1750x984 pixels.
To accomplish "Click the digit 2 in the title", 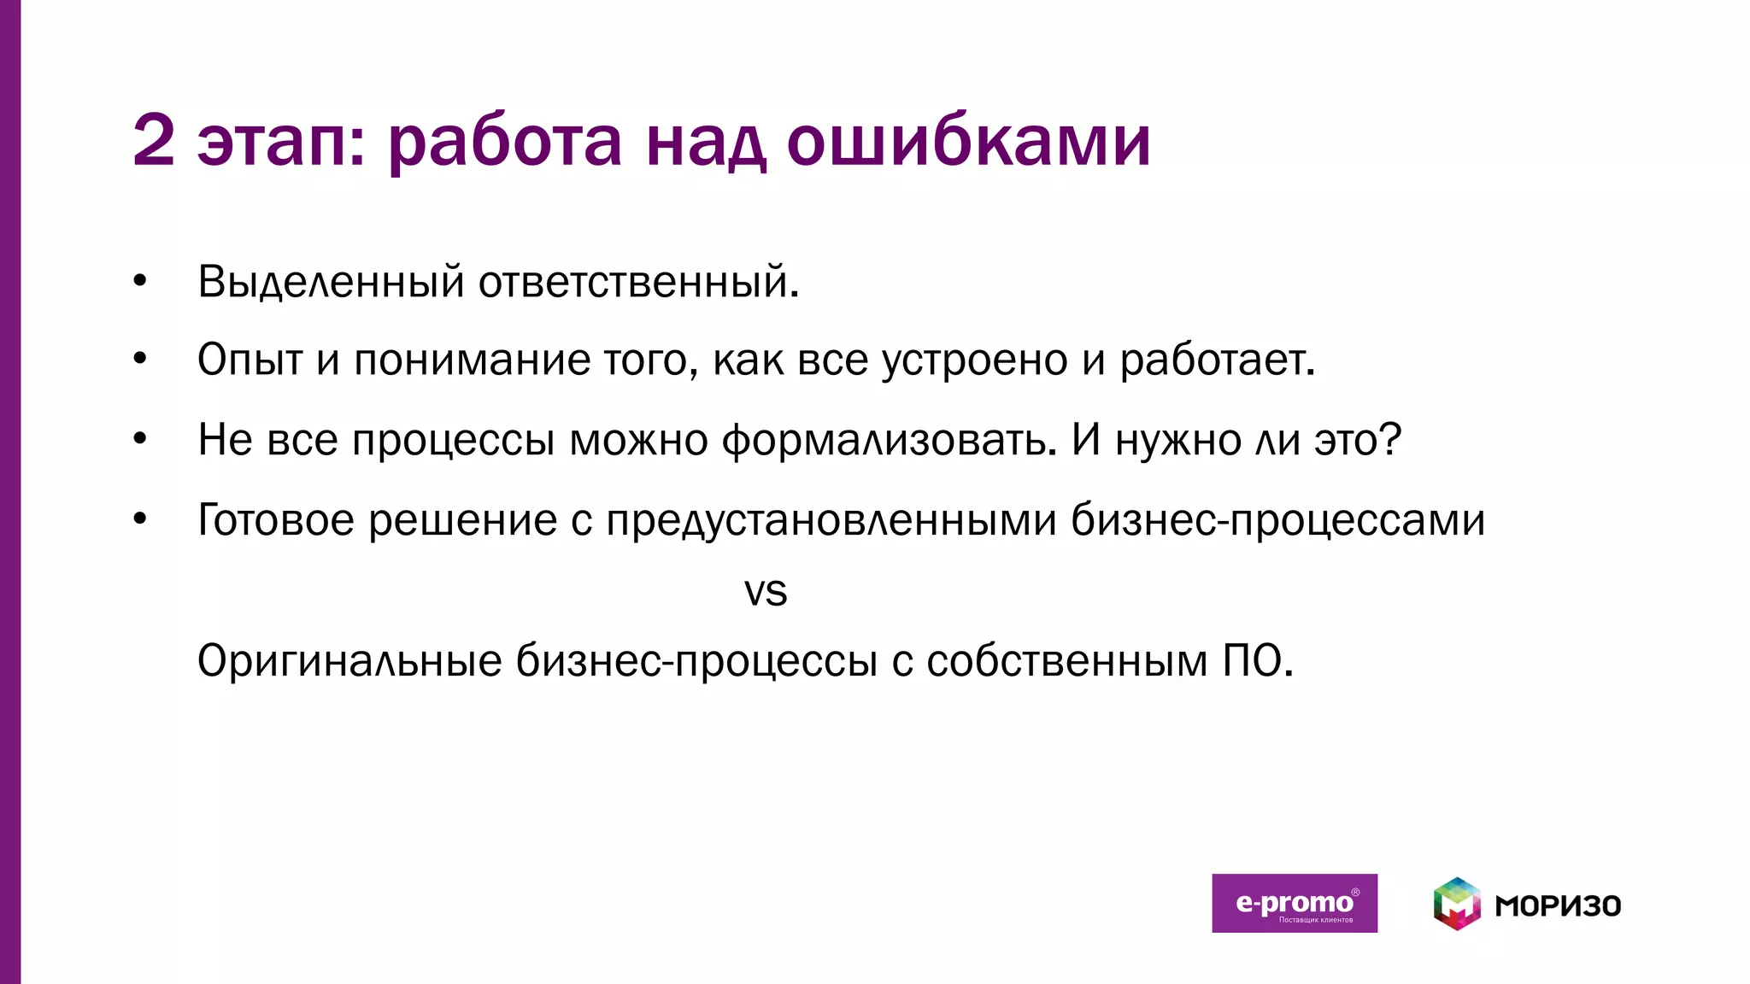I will [154, 141].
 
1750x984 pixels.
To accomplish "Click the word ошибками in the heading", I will [968, 141].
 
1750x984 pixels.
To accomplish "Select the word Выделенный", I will [331, 282].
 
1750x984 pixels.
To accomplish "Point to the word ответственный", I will [637, 282].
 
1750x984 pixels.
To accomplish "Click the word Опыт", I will [250, 360].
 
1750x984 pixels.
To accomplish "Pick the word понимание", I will [472, 360].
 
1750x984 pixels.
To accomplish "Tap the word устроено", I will [974, 360].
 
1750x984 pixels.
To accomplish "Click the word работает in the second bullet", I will [1215, 360].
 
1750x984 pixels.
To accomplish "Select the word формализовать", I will [884, 441].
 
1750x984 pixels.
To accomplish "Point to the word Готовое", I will [275, 519].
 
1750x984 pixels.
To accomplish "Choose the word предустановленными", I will [831, 519].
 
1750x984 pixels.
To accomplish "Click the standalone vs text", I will [766, 591].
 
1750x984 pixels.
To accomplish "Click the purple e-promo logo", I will [1294, 903].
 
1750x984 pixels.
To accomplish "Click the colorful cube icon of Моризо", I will [1457, 904].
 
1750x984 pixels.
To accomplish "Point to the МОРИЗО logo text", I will [1558, 905].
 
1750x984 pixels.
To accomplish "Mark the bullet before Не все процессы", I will [140, 439].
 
